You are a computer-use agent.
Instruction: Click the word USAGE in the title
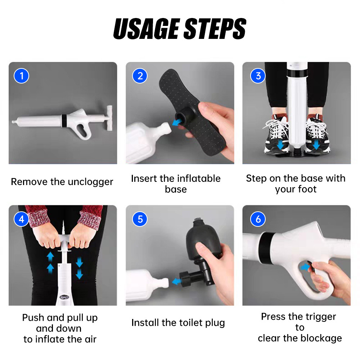tap(146, 28)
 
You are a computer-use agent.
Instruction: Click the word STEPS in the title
tap(215, 28)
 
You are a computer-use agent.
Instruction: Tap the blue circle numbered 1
tap(21, 76)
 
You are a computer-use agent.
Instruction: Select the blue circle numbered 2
tap(140, 76)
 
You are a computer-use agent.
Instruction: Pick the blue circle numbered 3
tap(258, 76)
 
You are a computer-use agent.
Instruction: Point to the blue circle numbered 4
tap(21, 219)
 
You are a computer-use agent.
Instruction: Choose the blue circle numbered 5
tap(140, 219)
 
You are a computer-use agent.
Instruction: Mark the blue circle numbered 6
tap(258, 219)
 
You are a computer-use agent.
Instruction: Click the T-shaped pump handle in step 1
tap(108, 118)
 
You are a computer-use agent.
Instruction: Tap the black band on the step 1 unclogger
tap(64, 120)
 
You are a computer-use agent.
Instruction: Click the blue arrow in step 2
tap(176, 122)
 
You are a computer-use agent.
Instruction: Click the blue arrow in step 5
tap(176, 281)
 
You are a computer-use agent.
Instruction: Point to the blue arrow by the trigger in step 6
tap(305, 267)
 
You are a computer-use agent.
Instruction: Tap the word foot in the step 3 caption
tap(307, 189)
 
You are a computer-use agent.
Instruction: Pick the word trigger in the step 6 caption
tap(321, 317)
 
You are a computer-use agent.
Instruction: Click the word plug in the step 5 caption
tap(215, 323)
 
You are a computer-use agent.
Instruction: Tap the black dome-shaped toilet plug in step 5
tap(199, 240)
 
